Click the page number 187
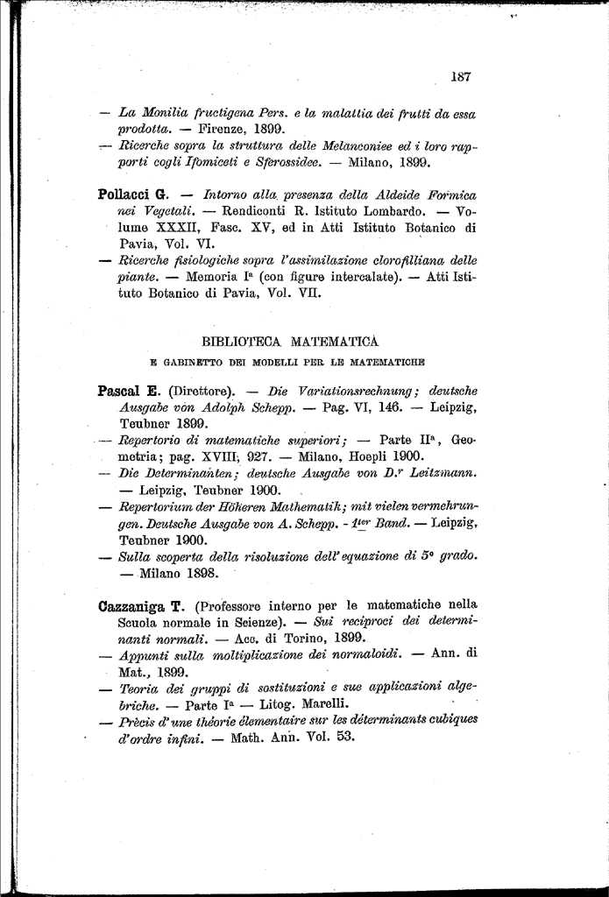461,76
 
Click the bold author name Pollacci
125,194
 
